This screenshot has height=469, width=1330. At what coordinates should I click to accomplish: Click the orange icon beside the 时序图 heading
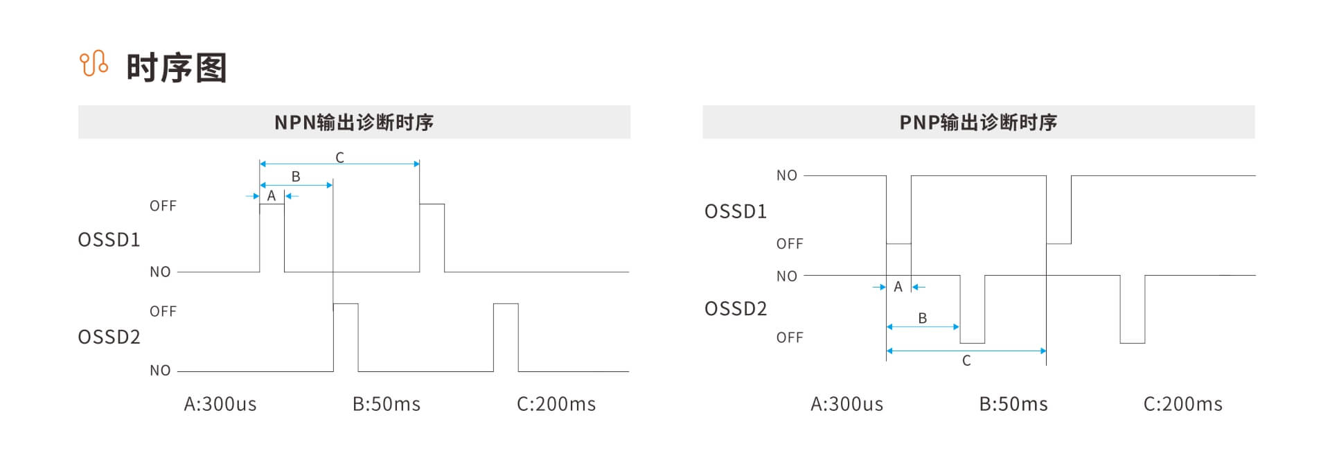(94, 64)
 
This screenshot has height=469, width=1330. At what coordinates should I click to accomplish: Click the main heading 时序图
(177, 68)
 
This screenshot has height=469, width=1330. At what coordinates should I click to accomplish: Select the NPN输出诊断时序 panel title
(354, 123)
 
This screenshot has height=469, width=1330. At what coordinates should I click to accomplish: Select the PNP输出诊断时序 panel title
(978, 123)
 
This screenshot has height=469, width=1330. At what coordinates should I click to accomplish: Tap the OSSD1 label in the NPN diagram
(109, 240)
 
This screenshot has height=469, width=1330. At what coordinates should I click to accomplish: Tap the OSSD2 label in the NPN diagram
(109, 337)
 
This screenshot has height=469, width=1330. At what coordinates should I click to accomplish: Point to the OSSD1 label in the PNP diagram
(736, 211)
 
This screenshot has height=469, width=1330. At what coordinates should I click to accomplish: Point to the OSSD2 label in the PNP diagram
(736, 308)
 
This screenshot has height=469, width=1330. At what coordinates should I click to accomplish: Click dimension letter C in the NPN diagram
(339, 158)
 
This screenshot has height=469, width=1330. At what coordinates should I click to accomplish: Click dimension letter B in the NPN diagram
(296, 177)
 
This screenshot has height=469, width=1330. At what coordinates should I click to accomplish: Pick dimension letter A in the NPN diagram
(272, 196)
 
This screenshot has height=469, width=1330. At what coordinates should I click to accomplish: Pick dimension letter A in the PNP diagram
(898, 287)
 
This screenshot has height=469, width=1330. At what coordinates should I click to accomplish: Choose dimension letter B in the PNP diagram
(923, 318)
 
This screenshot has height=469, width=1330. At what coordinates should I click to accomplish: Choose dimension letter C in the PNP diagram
(966, 361)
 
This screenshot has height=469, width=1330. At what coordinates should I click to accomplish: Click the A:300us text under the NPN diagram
(220, 404)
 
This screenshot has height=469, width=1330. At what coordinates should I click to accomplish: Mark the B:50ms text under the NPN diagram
(387, 404)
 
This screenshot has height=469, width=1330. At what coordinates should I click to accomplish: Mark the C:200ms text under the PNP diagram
(1183, 404)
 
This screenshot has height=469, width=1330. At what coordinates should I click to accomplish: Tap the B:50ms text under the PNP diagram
(1013, 404)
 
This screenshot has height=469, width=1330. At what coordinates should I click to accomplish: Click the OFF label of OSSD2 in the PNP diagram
(790, 337)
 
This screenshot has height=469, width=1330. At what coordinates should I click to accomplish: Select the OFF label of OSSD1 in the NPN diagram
(163, 206)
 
